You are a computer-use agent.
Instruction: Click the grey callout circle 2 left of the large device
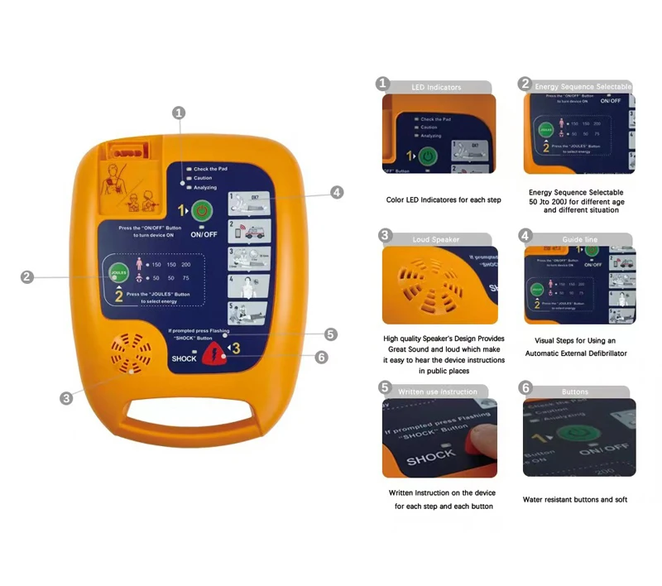pyautogui.click(x=27, y=277)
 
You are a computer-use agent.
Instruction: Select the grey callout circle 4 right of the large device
pyautogui.click(x=337, y=192)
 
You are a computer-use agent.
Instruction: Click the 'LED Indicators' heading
pyautogui.click(x=436, y=87)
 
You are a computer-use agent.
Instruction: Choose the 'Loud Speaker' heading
pyautogui.click(x=436, y=239)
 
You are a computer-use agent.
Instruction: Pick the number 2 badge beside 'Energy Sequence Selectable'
pyautogui.click(x=525, y=84)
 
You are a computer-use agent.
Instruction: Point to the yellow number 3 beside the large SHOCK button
pyautogui.click(x=237, y=349)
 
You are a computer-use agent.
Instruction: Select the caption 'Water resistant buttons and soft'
pyautogui.click(x=576, y=500)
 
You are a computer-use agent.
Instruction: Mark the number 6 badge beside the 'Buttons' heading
pyautogui.click(x=525, y=388)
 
